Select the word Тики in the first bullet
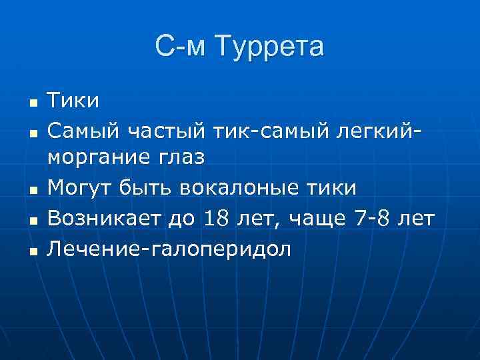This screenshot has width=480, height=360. tap(73, 101)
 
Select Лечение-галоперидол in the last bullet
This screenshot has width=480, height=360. tap(169, 248)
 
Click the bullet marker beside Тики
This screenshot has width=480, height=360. tap(31, 103)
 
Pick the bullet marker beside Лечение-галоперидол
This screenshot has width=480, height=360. tap(31, 250)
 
